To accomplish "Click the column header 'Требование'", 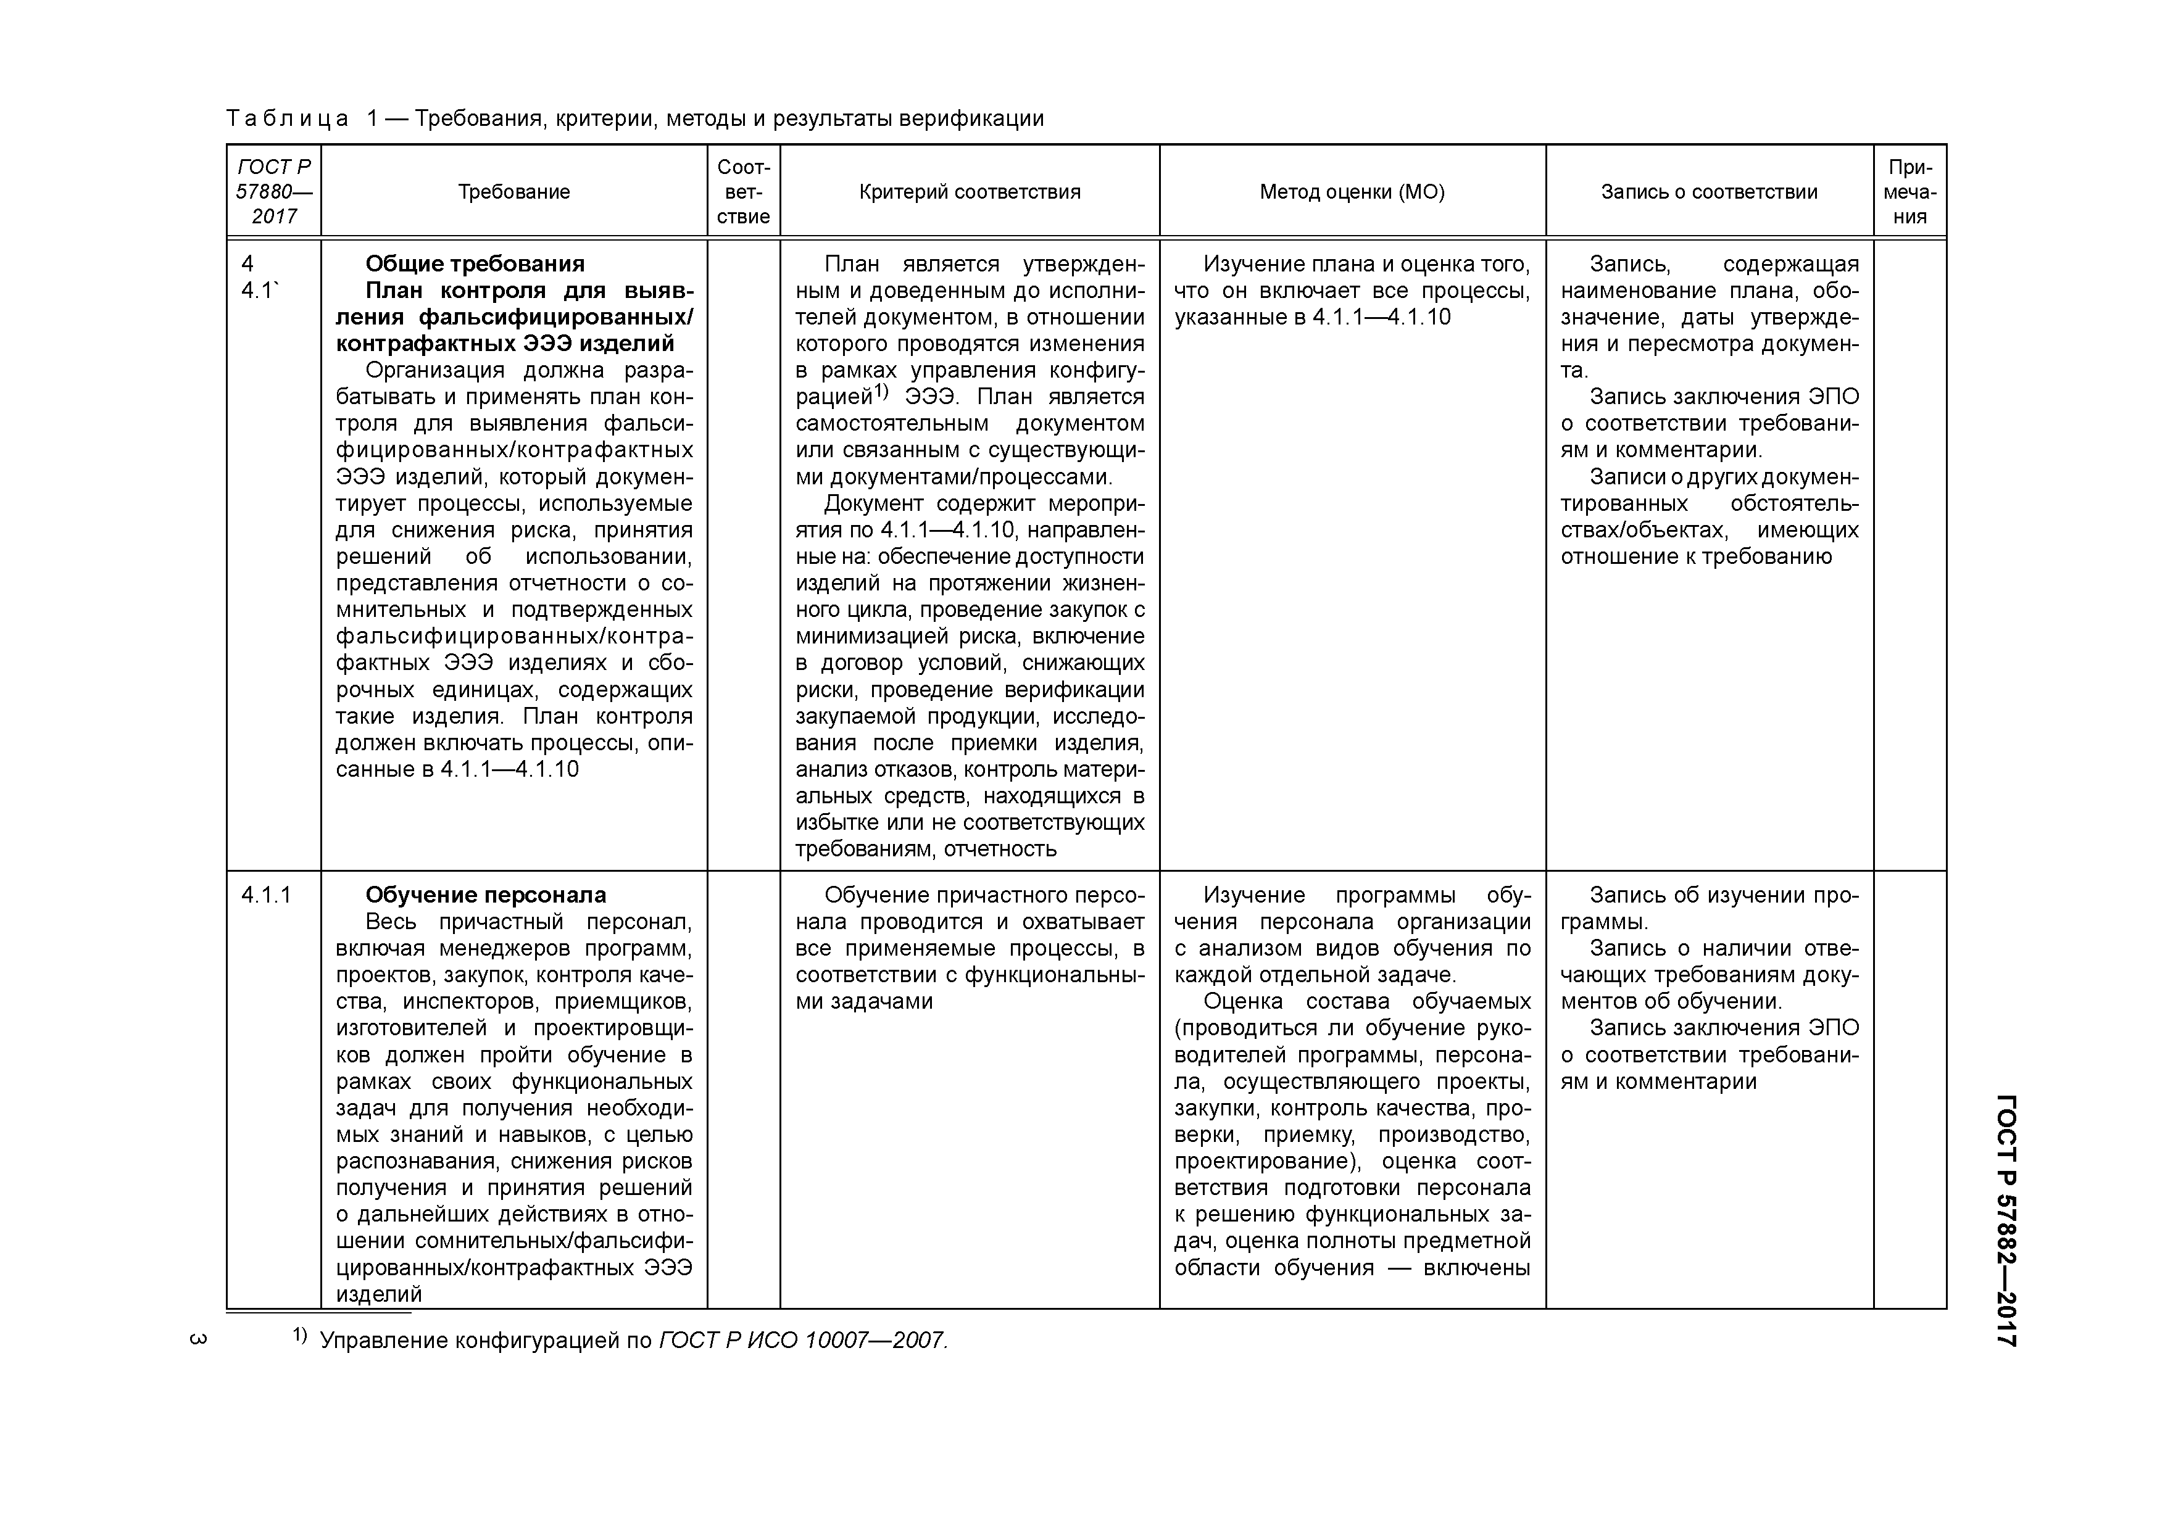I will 514,192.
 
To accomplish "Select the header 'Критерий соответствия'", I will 970,192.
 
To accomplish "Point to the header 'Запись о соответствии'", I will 1709,192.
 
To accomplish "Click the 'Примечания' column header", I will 1909,192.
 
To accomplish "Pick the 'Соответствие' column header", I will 743,192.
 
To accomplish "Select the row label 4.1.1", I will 266,895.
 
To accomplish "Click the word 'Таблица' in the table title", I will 286,119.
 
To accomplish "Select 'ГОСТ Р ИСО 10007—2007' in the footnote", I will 802,1341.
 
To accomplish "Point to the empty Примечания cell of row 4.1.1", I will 1909,1084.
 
